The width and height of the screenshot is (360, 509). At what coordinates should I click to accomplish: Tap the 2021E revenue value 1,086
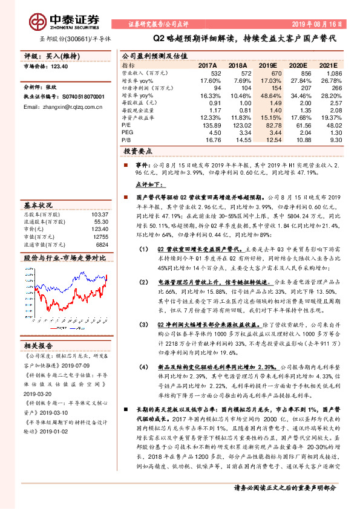(x=334, y=73)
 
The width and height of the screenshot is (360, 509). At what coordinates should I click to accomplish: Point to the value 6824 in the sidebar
(x=102, y=245)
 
